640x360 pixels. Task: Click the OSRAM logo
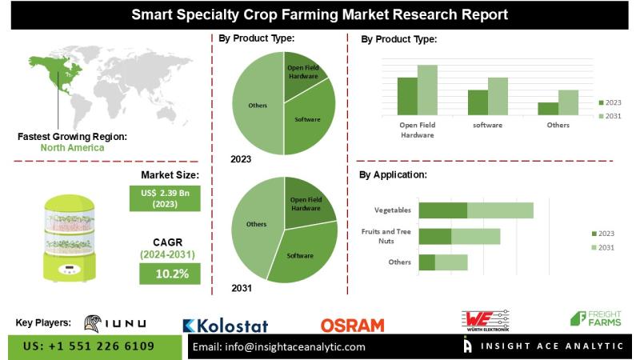click(x=352, y=325)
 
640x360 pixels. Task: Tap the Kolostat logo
click(x=226, y=326)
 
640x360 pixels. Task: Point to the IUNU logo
click(x=115, y=322)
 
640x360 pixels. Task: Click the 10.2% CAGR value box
click(x=170, y=274)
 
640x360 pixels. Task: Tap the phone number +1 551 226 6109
click(x=90, y=346)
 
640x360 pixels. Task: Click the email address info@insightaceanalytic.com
click(x=279, y=347)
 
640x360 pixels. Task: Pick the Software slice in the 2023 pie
click(x=308, y=120)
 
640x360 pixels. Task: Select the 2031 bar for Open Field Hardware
click(x=427, y=90)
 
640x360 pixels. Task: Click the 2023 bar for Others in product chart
click(x=548, y=109)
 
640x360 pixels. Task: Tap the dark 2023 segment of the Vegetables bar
click(x=443, y=210)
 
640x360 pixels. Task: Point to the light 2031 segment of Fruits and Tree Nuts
click(x=476, y=236)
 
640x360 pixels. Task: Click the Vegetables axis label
click(x=393, y=210)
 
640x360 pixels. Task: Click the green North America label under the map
click(x=73, y=148)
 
